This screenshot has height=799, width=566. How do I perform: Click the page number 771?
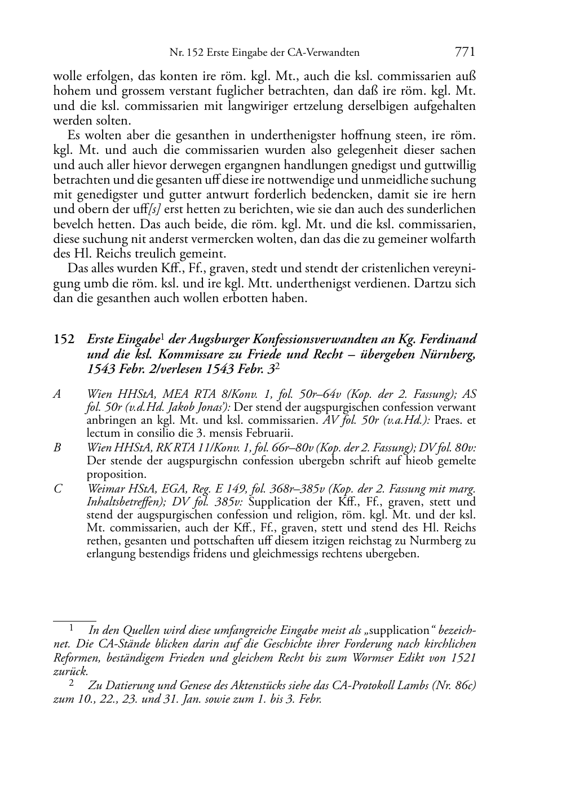click(465, 52)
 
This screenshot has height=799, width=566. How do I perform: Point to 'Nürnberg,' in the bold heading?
click(449, 354)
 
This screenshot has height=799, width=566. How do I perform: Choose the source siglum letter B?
click(57, 448)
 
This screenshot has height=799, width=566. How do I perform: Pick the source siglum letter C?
click(57, 489)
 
